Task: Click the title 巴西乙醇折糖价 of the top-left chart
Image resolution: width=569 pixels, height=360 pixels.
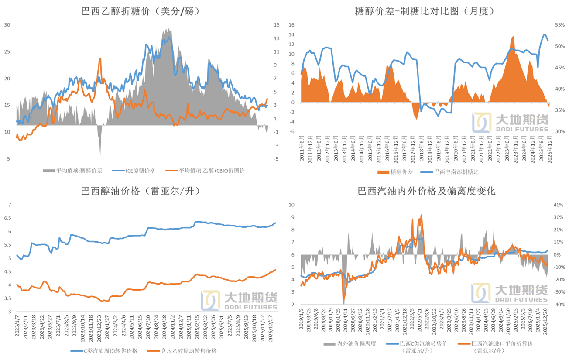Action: [x=141, y=12]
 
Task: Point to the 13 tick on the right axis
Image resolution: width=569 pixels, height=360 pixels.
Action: [x=277, y=38]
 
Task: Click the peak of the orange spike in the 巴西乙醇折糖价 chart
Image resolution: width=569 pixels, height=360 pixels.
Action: [x=100, y=58]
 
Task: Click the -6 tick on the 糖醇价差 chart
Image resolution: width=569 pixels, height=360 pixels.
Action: [x=292, y=131]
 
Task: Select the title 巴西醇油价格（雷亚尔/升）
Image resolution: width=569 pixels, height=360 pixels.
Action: [x=141, y=191]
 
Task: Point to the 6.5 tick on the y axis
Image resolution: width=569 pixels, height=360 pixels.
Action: [x=7, y=218]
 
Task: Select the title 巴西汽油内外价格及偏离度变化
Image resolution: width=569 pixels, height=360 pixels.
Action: [x=426, y=191]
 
